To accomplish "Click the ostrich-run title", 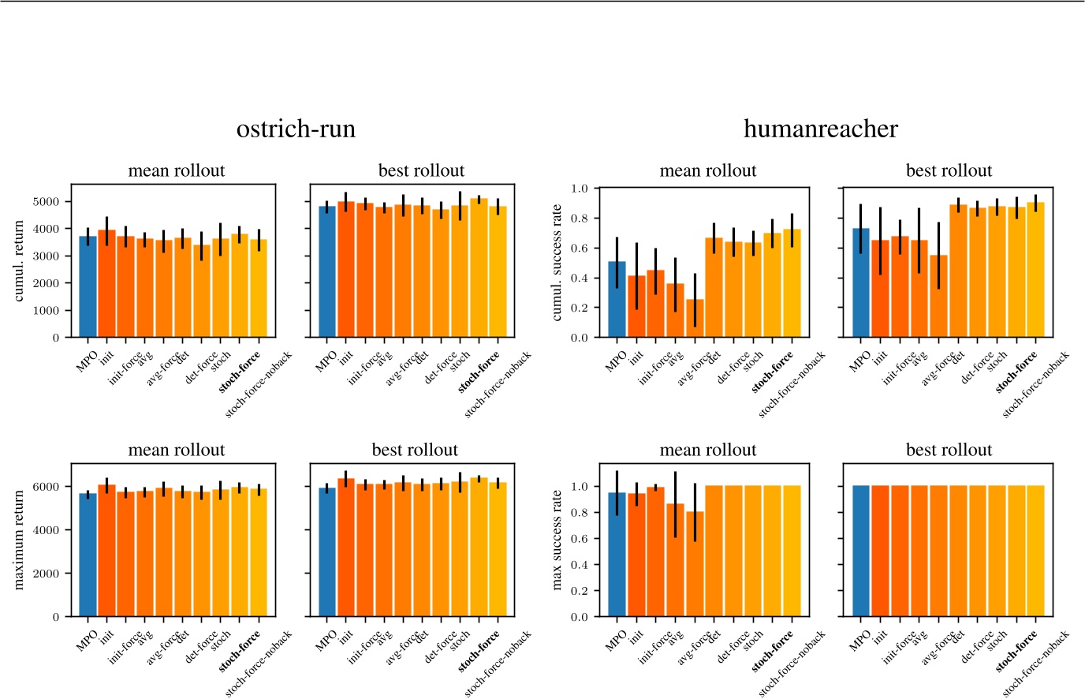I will (x=296, y=129).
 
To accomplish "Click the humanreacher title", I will (x=820, y=129).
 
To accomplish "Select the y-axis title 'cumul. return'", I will (x=20, y=261).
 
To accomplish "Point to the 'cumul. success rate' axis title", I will (x=557, y=262).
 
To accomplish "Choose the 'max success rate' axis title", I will (x=557, y=540).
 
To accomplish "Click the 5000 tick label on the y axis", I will (x=47, y=202).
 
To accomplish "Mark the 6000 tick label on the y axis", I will (x=47, y=487).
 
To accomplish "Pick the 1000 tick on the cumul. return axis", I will (x=47, y=311).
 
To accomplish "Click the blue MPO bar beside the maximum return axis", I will (x=88, y=555).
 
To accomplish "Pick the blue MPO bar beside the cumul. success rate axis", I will (x=617, y=300).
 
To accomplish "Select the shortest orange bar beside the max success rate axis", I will (x=695, y=565).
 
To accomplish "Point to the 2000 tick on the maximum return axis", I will (x=47, y=574).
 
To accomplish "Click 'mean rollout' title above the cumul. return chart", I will (x=177, y=171).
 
